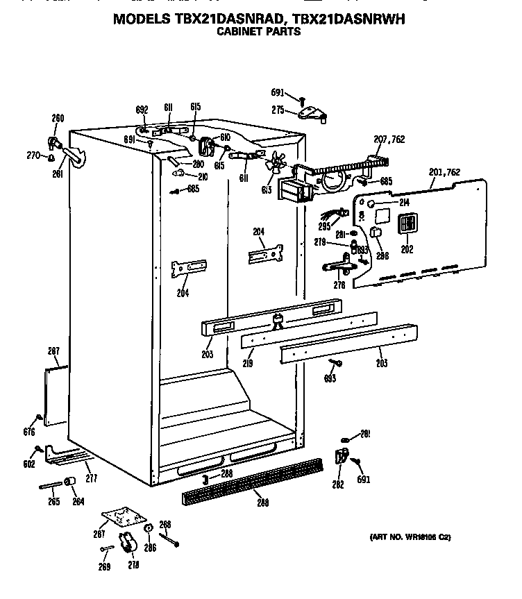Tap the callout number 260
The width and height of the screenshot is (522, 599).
coord(58,117)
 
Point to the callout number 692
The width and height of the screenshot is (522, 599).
coord(142,109)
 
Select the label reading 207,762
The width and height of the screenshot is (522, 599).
coord(389,140)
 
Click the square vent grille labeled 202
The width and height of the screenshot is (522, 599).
coord(406,226)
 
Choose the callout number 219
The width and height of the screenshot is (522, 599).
coord(249,363)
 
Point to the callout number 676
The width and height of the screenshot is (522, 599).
coord(28,432)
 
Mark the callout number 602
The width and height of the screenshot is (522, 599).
coord(28,464)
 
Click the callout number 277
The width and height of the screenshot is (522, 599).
coord(91,478)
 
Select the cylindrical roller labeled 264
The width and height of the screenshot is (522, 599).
coord(70,483)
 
